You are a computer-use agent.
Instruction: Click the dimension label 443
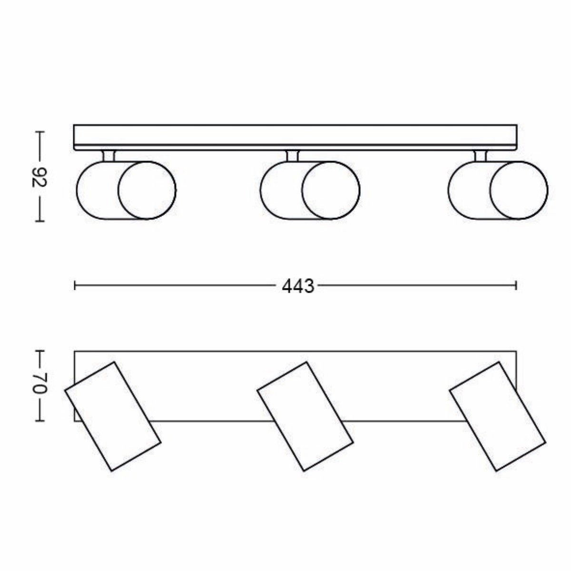[x=298, y=286]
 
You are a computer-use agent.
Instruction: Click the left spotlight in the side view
[x=126, y=190]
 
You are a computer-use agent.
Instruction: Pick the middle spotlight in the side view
[x=310, y=190]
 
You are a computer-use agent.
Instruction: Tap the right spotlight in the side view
[x=497, y=190]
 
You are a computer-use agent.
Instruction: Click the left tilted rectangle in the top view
[x=113, y=416]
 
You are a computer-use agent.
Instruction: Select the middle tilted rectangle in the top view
[x=305, y=416]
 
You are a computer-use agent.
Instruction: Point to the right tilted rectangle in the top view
[x=497, y=416]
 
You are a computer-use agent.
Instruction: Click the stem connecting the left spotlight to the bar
[x=108, y=156]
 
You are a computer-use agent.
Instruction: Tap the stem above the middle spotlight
[x=292, y=156]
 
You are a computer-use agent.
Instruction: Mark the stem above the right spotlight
[x=480, y=156]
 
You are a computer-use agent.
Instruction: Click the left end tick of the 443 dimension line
[x=75, y=285]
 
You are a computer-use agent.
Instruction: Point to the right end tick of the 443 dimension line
[x=516, y=285]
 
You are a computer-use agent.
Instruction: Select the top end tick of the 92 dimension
[x=40, y=132]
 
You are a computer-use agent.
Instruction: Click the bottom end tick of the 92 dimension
[x=40, y=221]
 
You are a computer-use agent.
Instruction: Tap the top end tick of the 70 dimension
[x=40, y=352]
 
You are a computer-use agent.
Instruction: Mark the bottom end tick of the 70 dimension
[x=40, y=421]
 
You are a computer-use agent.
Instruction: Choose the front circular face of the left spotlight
[x=147, y=190]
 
